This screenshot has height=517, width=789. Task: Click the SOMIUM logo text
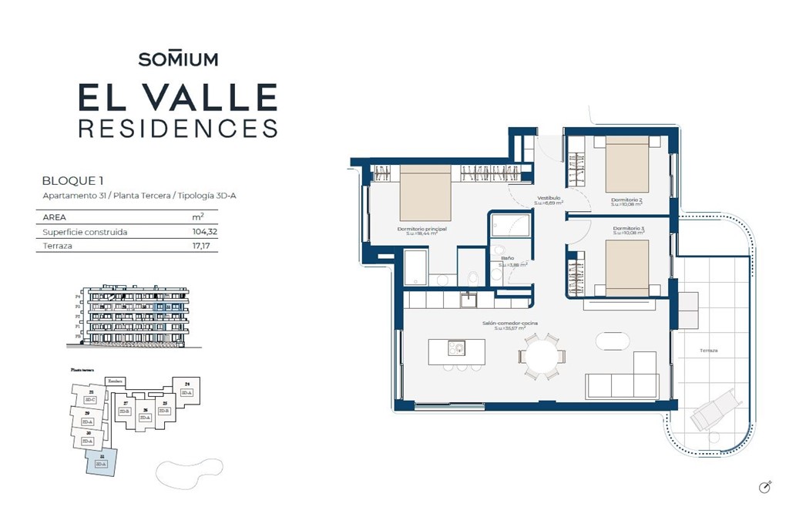coord(178,59)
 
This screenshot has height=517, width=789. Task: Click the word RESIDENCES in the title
coord(178,128)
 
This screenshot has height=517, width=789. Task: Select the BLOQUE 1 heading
coord(72,181)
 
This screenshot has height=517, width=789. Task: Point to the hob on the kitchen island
coord(455,349)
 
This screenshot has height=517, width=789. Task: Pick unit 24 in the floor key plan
coord(186,389)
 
